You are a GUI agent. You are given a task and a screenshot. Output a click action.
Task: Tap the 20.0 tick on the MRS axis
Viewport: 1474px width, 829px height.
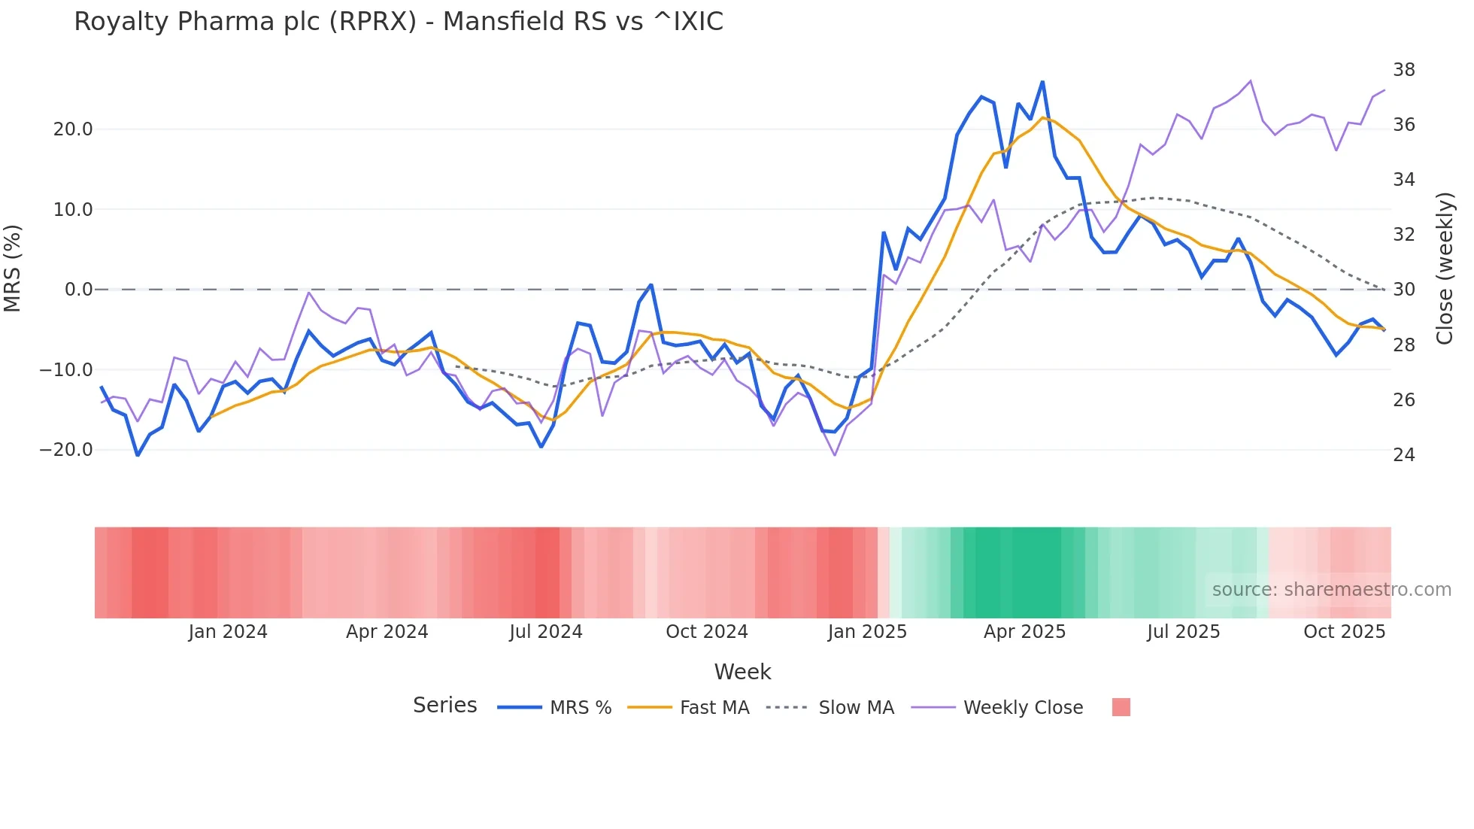point(73,129)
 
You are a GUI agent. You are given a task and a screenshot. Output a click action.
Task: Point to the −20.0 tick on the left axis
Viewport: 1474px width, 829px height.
point(66,450)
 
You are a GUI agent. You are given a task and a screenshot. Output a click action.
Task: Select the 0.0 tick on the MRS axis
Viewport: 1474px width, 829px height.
point(79,290)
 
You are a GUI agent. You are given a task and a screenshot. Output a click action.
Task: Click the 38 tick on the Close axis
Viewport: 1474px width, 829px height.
point(1404,70)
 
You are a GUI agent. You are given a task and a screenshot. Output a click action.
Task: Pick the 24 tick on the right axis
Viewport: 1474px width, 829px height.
point(1404,455)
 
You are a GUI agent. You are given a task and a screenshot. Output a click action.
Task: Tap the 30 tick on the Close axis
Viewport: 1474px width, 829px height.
point(1404,290)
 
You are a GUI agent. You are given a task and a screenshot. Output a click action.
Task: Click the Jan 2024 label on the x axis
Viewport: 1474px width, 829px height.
point(228,632)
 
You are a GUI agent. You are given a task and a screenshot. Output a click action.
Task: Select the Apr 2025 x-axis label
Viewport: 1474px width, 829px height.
point(1024,632)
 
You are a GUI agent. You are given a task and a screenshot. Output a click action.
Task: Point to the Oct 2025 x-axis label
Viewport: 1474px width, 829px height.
point(1344,632)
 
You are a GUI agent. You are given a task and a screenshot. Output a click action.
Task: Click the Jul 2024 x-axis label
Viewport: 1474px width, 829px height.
point(546,632)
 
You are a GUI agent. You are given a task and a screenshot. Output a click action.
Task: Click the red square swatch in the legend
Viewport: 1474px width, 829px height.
point(1121,707)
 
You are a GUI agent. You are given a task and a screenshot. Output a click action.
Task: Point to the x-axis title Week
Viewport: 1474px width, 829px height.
point(742,672)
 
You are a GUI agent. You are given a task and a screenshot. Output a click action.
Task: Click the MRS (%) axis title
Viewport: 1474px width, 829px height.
point(13,268)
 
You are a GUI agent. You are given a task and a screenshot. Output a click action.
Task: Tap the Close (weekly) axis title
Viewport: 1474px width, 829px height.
point(1445,269)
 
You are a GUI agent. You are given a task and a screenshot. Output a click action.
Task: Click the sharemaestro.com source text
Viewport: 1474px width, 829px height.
point(1331,590)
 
